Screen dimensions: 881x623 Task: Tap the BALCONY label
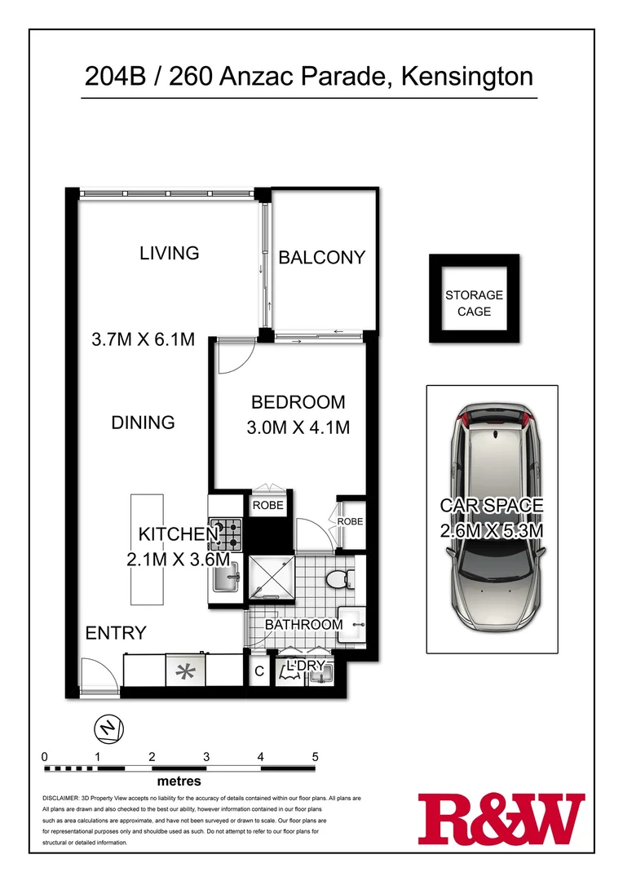pos(321,258)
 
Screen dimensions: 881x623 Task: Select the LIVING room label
pos(169,253)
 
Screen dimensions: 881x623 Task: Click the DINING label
pos(143,423)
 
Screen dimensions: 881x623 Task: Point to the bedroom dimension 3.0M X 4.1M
pos(298,427)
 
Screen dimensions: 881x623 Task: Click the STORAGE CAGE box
pos(474,303)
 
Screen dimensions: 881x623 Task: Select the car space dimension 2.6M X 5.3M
pos(492,531)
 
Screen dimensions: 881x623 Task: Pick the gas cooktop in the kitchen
pos(226,534)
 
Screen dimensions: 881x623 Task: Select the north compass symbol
pos(108,727)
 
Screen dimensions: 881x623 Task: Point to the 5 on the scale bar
pos(315,756)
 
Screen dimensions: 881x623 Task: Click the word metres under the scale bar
pos(181,781)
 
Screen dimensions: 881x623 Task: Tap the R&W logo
pos(501,820)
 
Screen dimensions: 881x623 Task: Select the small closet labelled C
pos(258,672)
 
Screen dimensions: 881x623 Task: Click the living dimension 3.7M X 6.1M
pos(143,339)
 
